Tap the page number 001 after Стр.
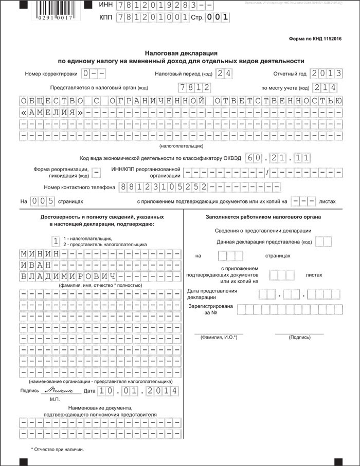tap(217, 17)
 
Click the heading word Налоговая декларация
tap(181, 52)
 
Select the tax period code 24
tap(224, 73)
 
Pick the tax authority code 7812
tap(192, 87)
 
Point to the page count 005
tap(42, 201)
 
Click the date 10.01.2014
tap(139, 391)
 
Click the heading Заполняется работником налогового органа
tap(263, 217)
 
